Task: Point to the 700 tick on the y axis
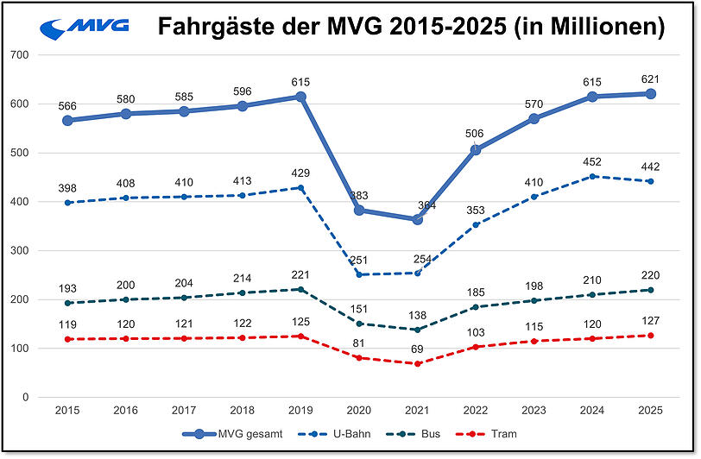(19, 54)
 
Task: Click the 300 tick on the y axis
(19, 251)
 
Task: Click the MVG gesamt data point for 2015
(67, 120)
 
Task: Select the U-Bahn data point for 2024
(593, 176)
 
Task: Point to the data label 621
(650, 79)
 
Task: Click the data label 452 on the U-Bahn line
(593, 161)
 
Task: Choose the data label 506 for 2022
(474, 134)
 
